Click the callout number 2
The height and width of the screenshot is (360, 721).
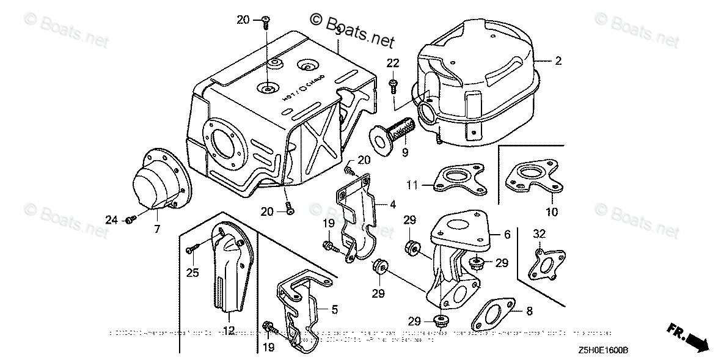(558, 61)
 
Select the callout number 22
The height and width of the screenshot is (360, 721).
(392, 63)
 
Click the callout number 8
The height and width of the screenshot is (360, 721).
(529, 311)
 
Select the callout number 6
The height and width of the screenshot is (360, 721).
(507, 234)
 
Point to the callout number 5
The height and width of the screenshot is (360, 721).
(334, 310)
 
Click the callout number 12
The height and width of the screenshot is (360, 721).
(229, 331)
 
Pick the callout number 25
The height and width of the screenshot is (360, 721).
(192, 273)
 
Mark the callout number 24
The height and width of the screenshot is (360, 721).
(111, 219)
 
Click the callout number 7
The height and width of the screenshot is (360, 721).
(156, 229)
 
